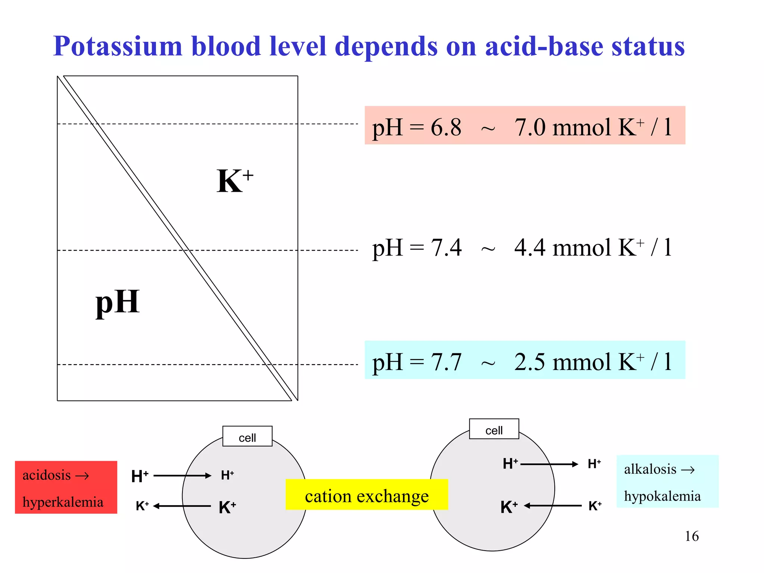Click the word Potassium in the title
click(118, 47)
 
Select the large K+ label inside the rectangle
click(234, 181)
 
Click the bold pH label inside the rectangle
click(118, 302)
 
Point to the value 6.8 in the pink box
click(446, 128)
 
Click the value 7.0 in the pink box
click(530, 128)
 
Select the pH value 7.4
click(446, 248)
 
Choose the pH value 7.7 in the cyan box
click(446, 362)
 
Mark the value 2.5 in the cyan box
click(530, 362)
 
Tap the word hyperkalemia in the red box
click(63, 502)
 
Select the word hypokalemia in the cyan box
click(662, 496)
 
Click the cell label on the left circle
click(247, 437)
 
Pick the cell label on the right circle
click(494, 430)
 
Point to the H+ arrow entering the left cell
click(182, 476)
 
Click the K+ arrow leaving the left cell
click(182, 506)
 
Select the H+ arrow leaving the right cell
click(549, 464)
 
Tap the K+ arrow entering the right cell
click(553, 506)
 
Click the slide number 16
click(692, 536)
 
